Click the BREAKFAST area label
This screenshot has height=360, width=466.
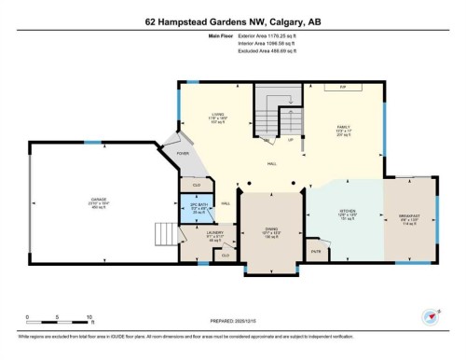coord(409,215)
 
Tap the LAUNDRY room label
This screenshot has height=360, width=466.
coord(213,233)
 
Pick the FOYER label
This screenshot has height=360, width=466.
coord(184,154)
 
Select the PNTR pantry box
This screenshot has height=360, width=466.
coord(316,250)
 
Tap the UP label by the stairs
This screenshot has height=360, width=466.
coord(291,141)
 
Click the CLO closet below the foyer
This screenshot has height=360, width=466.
coord(198,183)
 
